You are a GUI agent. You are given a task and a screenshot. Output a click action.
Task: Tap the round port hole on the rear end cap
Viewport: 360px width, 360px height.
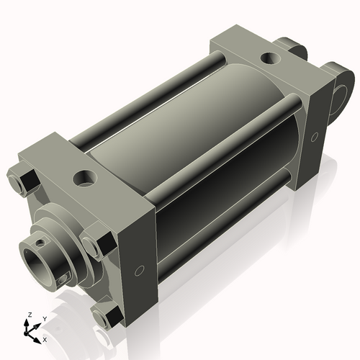272,57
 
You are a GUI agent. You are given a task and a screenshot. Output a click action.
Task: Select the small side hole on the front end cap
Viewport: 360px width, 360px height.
140,271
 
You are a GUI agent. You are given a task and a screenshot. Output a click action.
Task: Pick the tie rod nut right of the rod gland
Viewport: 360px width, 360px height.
97,240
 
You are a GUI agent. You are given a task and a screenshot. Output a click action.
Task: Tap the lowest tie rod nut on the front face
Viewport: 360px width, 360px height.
107,315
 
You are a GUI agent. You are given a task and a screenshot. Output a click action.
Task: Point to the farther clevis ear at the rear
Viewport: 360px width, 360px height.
295,49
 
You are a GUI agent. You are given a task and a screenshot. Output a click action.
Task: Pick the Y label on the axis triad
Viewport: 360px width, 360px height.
44,318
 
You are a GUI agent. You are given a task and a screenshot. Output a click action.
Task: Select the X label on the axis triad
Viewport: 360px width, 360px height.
45,338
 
